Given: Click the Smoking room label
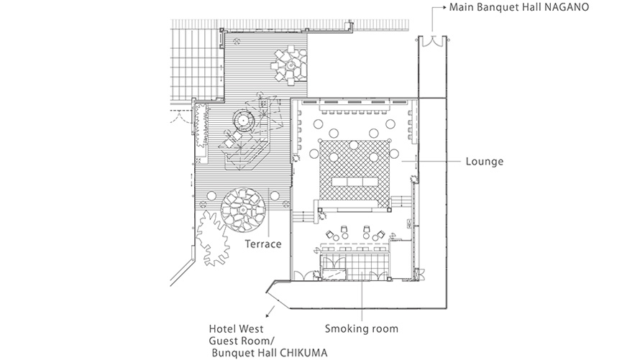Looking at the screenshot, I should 361,329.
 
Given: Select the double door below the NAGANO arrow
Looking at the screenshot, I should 432,41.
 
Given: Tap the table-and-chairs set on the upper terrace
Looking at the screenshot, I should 289,63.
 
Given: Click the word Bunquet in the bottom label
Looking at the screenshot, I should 233,353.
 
